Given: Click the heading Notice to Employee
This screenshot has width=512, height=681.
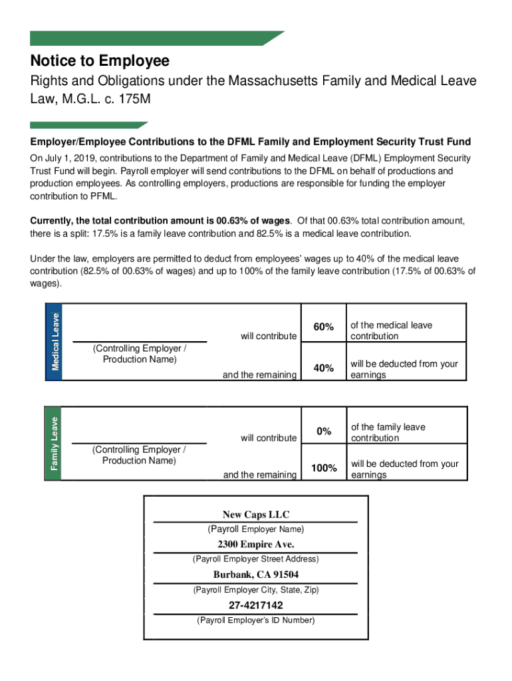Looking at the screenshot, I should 100,61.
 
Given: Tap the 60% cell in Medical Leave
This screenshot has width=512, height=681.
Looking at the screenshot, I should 323,327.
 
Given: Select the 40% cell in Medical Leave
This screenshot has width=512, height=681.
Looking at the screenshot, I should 323,368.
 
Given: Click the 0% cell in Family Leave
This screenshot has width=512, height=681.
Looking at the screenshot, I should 324,431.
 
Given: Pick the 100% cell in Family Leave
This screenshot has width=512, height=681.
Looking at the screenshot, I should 324,468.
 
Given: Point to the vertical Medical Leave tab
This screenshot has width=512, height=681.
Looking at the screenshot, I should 55,341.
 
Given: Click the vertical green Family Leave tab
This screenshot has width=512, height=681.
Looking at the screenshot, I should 55,442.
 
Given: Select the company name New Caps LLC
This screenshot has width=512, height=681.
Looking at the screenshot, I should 256,514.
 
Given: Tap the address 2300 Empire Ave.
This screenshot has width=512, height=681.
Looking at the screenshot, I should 256,545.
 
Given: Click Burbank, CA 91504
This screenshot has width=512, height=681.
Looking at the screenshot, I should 256,575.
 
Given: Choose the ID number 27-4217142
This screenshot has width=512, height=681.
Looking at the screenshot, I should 256,605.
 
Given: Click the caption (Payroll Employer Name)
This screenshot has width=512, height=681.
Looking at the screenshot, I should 256,529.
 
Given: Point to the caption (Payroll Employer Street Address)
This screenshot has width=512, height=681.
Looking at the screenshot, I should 256,559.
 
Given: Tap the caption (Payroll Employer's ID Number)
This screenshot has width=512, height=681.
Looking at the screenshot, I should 256,620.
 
